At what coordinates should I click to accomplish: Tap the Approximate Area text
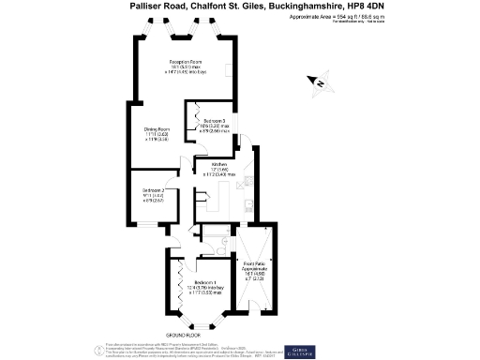(343, 17)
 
